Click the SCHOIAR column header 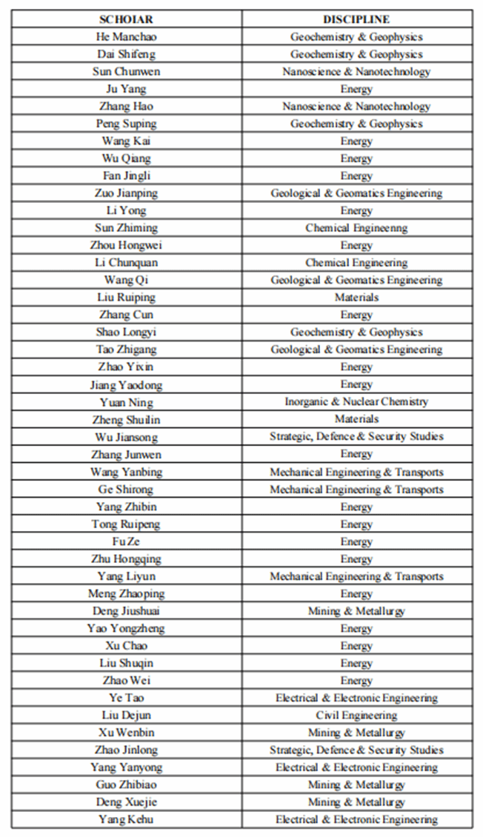click(126, 19)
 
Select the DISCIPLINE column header click(356, 19)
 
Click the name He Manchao click(126, 37)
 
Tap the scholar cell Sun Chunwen click(126, 72)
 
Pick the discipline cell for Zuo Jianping click(356, 193)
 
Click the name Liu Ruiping click(126, 297)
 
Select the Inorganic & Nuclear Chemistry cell click(356, 401)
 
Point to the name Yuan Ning click(126, 401)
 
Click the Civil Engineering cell click(356, 716)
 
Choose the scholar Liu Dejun click(126, 716)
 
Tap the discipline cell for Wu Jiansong click(356, 436)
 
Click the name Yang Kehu click(126, 819)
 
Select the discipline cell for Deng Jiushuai click(356, 611)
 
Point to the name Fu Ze click(126, 541)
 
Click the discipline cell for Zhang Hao click(356, 107)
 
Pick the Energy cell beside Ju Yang click(356, 89)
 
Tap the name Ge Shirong click(126, 490)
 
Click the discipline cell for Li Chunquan click(356, 262)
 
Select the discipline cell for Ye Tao click(356, 698)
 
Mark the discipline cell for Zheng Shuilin click(356, 418)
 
